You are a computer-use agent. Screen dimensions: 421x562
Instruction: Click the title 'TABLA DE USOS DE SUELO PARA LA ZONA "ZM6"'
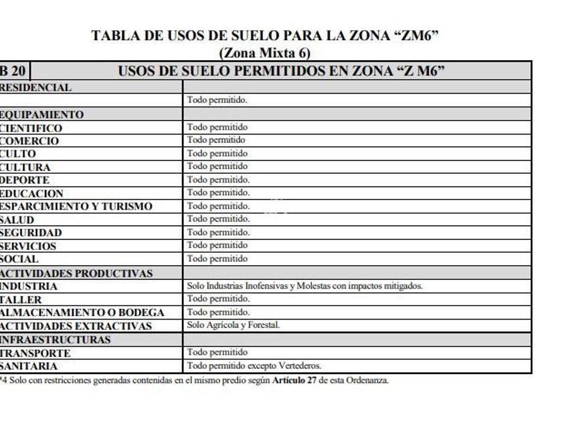point(265,36)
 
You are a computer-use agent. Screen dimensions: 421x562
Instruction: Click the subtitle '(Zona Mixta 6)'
point(265,53)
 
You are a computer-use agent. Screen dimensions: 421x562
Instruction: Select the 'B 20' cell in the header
point(14,71)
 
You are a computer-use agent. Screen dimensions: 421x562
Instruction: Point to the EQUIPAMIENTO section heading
point(42,114)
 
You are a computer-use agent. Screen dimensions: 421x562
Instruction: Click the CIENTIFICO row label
point(31,128)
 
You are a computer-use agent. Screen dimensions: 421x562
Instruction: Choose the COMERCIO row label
point(29,141)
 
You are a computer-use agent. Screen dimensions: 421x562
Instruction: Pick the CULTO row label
point(18,154)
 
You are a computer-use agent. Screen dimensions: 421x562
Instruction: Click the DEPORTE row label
point(25,180)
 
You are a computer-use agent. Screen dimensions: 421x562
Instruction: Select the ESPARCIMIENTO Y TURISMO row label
point(76,206)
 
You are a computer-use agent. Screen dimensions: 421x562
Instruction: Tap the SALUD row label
point(17,219)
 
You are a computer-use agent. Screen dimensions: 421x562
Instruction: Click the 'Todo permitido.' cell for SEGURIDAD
point(218,232)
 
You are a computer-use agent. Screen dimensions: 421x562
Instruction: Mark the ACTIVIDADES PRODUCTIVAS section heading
point(76,273)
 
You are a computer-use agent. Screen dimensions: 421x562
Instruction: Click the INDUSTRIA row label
point(29,286)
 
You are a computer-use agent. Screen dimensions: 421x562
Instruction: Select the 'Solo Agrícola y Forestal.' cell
point(233,325)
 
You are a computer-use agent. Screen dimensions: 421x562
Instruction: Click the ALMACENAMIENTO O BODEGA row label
point(82,312)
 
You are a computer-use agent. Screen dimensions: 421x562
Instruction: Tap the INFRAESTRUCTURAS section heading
point(56,339)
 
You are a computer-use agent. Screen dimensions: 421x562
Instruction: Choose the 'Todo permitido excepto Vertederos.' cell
point(254,366)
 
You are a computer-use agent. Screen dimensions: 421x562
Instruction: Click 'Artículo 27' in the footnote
point(297,380)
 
